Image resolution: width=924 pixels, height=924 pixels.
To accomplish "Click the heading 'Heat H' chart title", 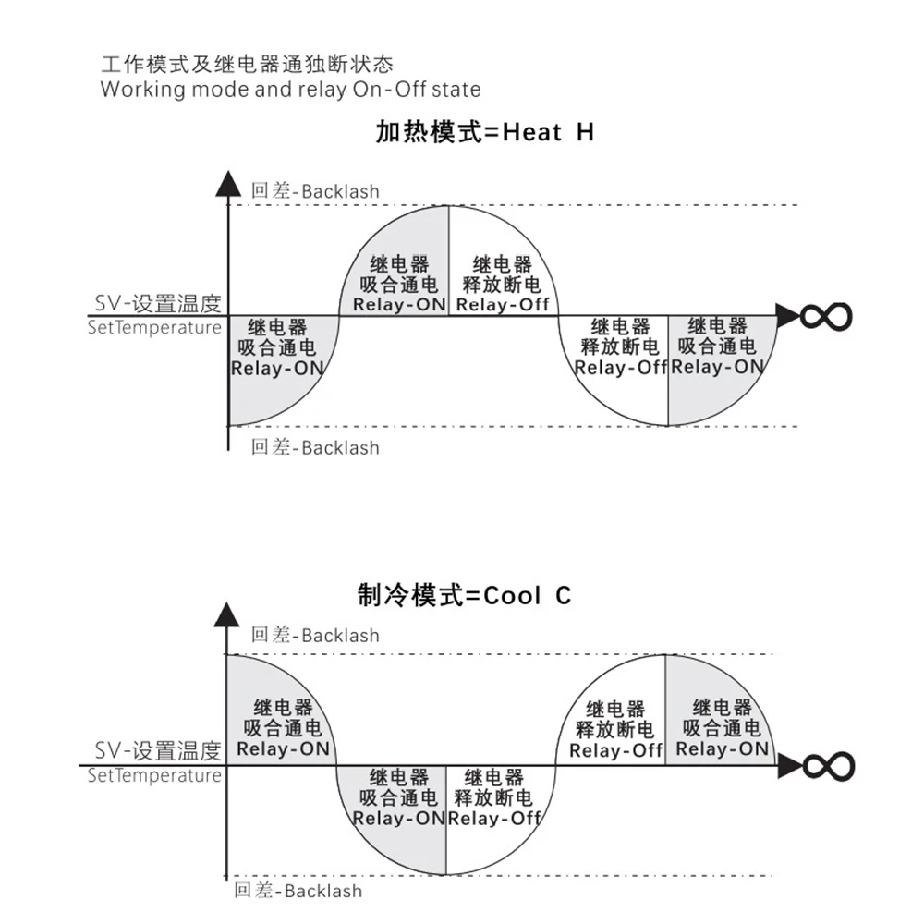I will tap(484, 132).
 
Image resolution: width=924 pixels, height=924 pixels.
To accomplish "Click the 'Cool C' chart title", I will tap(465, 595).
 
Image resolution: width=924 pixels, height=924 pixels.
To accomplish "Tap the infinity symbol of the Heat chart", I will tap(825, 316).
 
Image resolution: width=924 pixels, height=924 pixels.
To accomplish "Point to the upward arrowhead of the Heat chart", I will tap(227, 183).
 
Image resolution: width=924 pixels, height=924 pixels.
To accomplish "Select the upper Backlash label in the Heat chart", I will tap(315, 191).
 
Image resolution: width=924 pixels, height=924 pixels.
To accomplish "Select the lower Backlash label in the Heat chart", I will tap(315, 448).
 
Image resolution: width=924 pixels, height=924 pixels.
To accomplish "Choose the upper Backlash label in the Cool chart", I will tap(315, 635).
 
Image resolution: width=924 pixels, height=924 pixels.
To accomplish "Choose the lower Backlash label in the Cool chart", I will tap(298, 891).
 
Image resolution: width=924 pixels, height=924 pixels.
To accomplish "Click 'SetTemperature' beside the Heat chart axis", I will tap(154, 327).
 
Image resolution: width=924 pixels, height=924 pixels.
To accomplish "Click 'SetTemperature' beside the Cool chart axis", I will tap(154, 775).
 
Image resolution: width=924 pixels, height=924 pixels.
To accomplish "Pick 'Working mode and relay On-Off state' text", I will tap(290, 90).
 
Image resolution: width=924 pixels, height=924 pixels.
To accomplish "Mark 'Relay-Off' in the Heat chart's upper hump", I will tap(504, 304).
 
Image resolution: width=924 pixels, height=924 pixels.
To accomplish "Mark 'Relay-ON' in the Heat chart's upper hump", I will tap(400, 304).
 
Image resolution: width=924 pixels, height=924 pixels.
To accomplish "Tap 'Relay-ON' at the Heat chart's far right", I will tap(718, 366).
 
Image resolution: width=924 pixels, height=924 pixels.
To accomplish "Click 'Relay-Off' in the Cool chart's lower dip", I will tap(494, 818).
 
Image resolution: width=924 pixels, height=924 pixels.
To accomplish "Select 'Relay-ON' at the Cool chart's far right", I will tap(722, 748).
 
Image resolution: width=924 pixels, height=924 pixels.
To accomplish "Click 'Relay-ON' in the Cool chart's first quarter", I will tap(283, 748).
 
